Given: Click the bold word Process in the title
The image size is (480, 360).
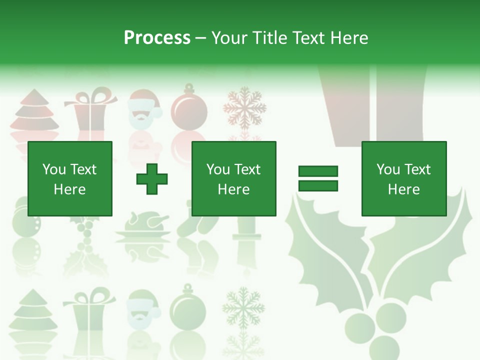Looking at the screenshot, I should tap(157, 37).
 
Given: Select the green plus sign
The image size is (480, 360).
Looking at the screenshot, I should tap(152, 178).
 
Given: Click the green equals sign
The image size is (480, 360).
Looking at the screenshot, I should tap(318, 178).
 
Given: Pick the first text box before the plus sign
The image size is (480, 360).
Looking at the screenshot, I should tap(69, 178).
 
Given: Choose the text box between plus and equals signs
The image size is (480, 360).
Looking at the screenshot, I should tap(233, 178).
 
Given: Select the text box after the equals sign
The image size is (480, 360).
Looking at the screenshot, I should tap(403, 178).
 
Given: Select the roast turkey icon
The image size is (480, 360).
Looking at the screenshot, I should tap(142, 227).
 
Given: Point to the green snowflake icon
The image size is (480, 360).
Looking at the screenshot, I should tap(243, 306).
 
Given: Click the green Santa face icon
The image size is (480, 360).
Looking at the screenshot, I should tap(142, 307).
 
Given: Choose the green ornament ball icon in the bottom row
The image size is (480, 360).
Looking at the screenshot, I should tap(188, 307).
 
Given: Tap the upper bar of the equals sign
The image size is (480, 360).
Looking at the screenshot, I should tap(318, 171).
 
